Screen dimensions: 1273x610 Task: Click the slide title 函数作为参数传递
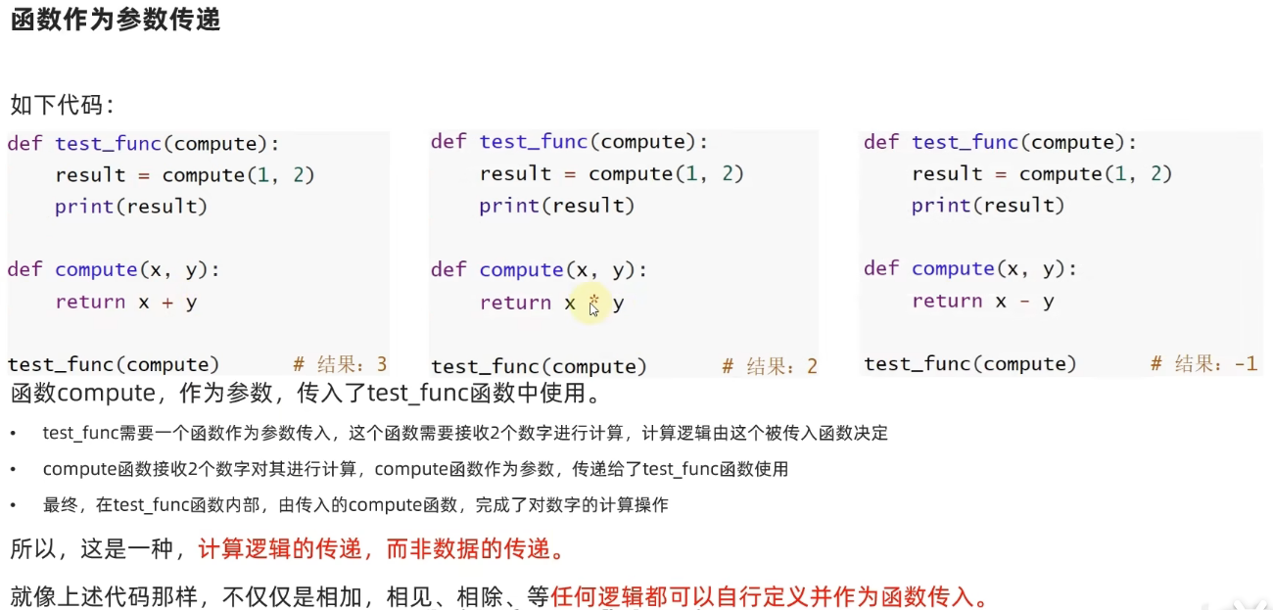[116, 21]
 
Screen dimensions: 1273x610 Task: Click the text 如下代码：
[62, 105]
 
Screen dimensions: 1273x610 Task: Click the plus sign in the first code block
[166, 303]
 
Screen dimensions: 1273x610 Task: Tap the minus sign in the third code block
[1024, 302]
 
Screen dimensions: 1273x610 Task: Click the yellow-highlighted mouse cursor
[593, 306]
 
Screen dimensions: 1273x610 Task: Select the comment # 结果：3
[340, 365]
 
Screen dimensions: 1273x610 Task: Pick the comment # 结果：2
[769, 367]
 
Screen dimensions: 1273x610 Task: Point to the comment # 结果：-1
[1203, 364]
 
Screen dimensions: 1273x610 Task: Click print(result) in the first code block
[131, 207]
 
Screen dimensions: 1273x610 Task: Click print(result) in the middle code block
[556, 206]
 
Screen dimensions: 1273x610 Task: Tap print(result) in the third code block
[987, 206]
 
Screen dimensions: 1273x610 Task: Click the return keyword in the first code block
[90, 303]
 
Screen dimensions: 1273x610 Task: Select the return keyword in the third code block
[947, 302]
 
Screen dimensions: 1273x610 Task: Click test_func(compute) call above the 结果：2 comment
[539, 367]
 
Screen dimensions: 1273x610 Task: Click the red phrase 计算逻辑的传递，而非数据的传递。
[382, 549]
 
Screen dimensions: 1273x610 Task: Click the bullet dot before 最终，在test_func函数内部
[13, 506]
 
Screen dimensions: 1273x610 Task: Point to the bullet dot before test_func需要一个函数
[13, 433]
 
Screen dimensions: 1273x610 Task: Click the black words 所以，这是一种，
[98, 549]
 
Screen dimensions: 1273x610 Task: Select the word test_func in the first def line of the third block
[966, 143]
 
